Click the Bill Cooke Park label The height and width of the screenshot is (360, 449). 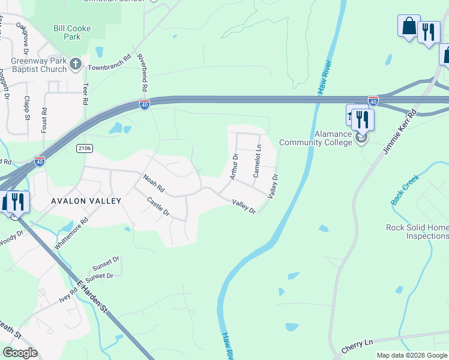[75, 32]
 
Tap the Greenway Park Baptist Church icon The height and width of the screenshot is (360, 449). [76, 64]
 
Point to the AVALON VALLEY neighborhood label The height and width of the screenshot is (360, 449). [86, 201]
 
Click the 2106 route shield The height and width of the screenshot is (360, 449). [85, 148]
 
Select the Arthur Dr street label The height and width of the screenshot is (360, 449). [234, 166]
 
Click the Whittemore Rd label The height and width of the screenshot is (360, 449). [71, 233]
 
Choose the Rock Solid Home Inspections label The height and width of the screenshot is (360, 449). [417, 232]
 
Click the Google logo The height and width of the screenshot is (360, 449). [20, 353]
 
